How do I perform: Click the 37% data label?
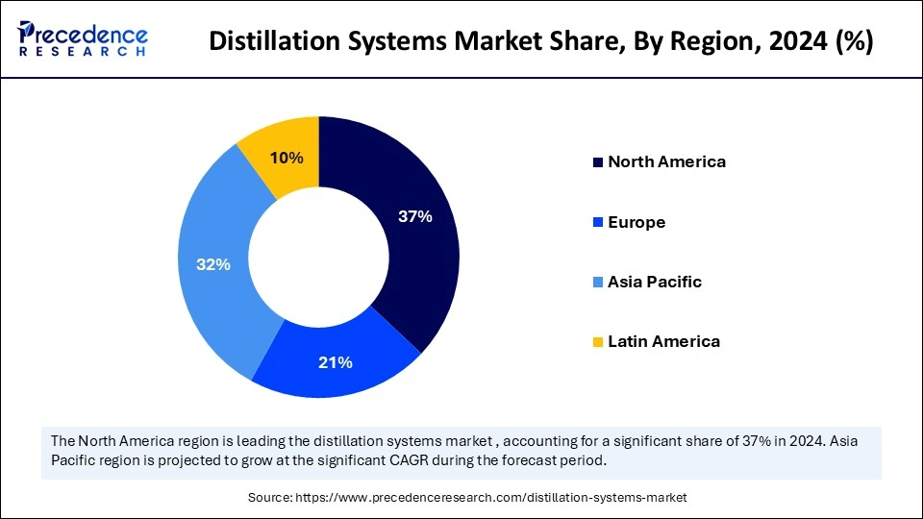tap(415, 217)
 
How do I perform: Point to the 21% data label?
tap(336, 362)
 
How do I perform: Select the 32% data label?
tap(213, 264)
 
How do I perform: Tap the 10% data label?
tap(287, 158)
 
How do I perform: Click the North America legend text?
tap(666, 161)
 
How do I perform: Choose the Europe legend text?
tap(636, 222)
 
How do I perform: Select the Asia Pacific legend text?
tap(655, 282)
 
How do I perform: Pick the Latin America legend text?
tap(663, 341)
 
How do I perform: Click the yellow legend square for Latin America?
tap(598, 342)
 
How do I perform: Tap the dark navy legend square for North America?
tap(598, 162)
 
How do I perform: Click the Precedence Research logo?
tap(83, 38)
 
